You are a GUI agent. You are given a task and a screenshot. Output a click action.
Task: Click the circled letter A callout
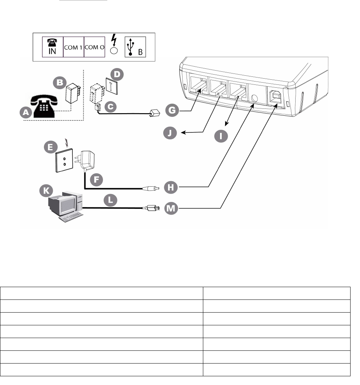pyautogui.click(x=25, y=114)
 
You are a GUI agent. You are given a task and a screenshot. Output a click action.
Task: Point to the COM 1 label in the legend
pyautogui.click(x=73, y=47)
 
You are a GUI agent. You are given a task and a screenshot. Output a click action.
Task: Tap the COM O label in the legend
pyautogui.click(x=94, y=47)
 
